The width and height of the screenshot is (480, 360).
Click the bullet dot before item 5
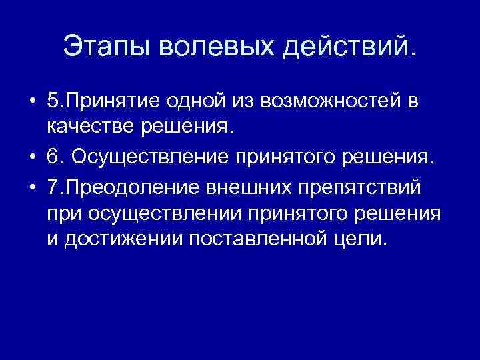coord(33,101)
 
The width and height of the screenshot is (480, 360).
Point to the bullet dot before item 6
coord(33,156)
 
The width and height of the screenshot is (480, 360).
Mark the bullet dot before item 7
coord(33,185)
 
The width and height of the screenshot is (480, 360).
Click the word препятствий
coord(360,184)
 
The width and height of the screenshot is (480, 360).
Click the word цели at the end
coord(360,239)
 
